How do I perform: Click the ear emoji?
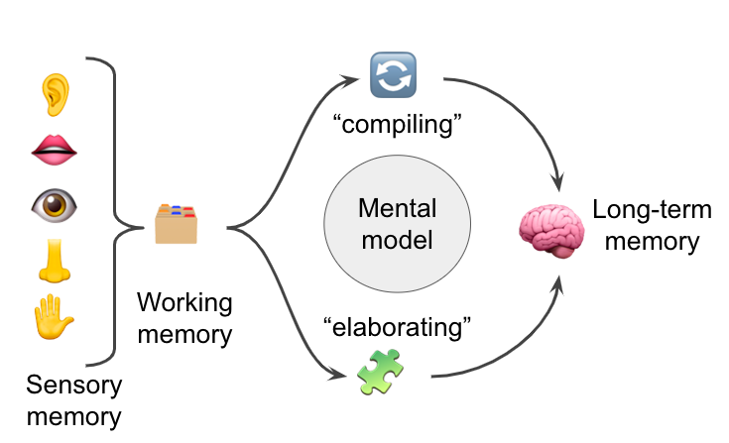pyautogui.click(x=54, y=92)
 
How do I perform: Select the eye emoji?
pyautogui.click(x=54, y=205)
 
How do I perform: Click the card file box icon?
pyautogui.click(x=177, y=224)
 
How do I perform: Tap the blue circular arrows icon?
pyautogui.click(x=393, y=75)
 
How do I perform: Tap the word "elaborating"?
pyautogui.click(x=396, y=325)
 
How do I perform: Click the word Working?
pyautogui.click(x=183, y=301)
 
